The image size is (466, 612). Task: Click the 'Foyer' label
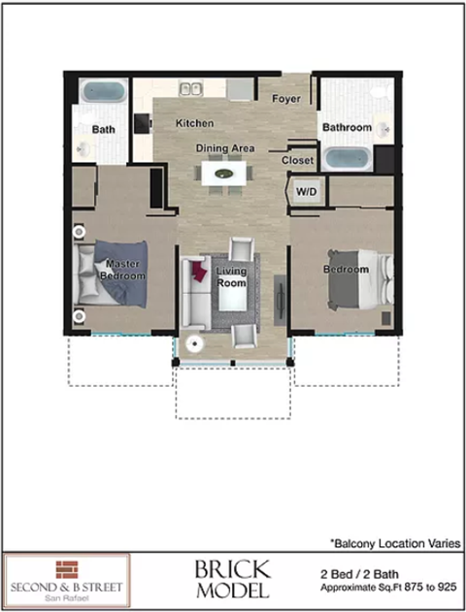pos(285,99)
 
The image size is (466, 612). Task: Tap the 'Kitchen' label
pos(194,124)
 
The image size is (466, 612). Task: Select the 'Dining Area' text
pos(225,147)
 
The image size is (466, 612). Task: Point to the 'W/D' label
pos(308,190)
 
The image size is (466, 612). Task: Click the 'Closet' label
pos(297,160)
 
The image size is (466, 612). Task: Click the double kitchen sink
pos(188,90)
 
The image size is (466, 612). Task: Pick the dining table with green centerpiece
pos(225,175)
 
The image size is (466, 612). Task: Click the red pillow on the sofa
pos(200,271)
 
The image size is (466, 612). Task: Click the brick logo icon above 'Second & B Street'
pos(66,568)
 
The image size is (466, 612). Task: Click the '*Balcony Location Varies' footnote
pos(394,544)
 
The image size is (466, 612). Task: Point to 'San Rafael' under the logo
pos(66,596)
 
